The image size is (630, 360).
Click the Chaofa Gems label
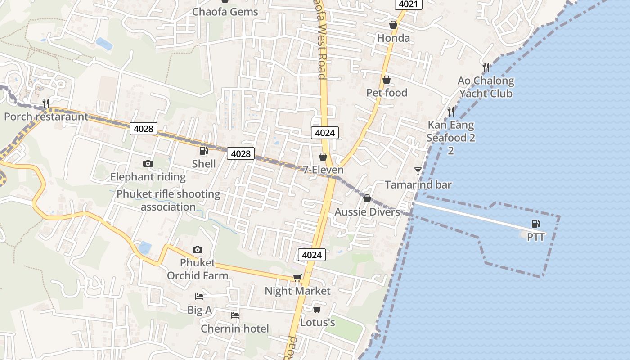tap(225, 12)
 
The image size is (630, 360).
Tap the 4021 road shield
tap(409, 4)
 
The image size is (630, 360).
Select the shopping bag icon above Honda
tap(393, 25)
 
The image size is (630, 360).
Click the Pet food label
tap(387, 93)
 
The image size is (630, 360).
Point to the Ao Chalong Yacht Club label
tap(486, 87)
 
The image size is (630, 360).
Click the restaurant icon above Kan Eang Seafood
tap(450, 111)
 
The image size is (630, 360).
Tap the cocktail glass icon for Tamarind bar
tap(418, 171)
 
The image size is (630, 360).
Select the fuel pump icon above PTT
tap(535, 223)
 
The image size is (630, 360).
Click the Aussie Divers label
tap(367, 212)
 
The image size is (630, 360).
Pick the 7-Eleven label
tap(323, 170)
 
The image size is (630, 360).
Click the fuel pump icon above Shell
tap(204, 150)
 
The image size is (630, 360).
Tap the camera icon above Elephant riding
tap(148, 163)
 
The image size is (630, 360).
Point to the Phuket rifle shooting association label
tap(168, 201)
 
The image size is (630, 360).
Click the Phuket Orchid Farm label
tap(198, 269)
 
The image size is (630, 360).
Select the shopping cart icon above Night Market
tap(297, 278)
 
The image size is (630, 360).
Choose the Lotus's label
tap(317, 323)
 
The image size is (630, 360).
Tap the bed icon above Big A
tap(199, 296)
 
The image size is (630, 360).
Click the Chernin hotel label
tap(235, 328)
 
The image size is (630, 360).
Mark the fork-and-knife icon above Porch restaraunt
tap(45, 103)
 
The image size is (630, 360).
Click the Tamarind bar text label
tap(418, 184)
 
